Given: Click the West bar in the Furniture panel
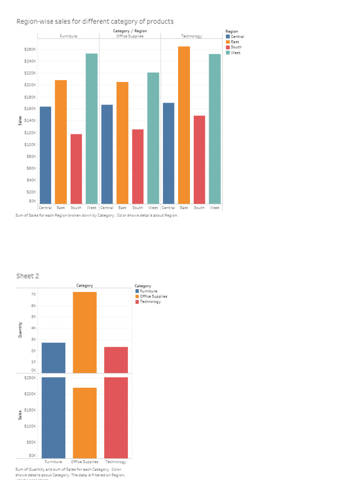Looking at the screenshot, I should (91, 128).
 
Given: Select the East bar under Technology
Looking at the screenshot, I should (184, 125).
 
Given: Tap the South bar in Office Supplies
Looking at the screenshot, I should (138, 166).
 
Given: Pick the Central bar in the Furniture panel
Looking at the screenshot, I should (45, 155).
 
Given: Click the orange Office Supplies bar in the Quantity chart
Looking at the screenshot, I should (84, 332).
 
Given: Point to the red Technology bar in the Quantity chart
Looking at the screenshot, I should (116, 360).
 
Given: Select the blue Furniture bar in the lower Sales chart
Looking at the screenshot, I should (53, 417).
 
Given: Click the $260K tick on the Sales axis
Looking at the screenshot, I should (30, 50).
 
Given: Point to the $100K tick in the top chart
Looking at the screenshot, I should (30, 144).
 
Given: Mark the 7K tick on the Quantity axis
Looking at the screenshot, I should (33, 294).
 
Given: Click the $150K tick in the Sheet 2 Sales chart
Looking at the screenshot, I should (30, 410).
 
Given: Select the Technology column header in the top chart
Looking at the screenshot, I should (191, 36).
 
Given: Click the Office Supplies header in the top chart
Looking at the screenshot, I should (130, 36).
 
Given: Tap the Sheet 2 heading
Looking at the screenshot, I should (28, 276).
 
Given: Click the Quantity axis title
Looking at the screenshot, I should (20, 330).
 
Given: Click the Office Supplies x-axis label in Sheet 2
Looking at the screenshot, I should (84, 462).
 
